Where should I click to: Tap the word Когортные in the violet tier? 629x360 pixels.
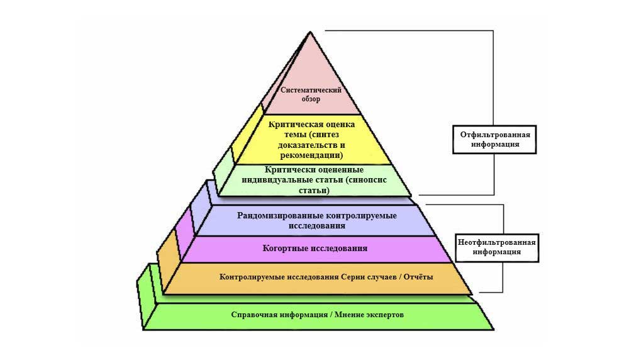point(286,249)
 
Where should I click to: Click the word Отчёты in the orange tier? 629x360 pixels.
point(418,276)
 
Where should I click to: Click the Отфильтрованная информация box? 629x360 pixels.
point(495,139)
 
